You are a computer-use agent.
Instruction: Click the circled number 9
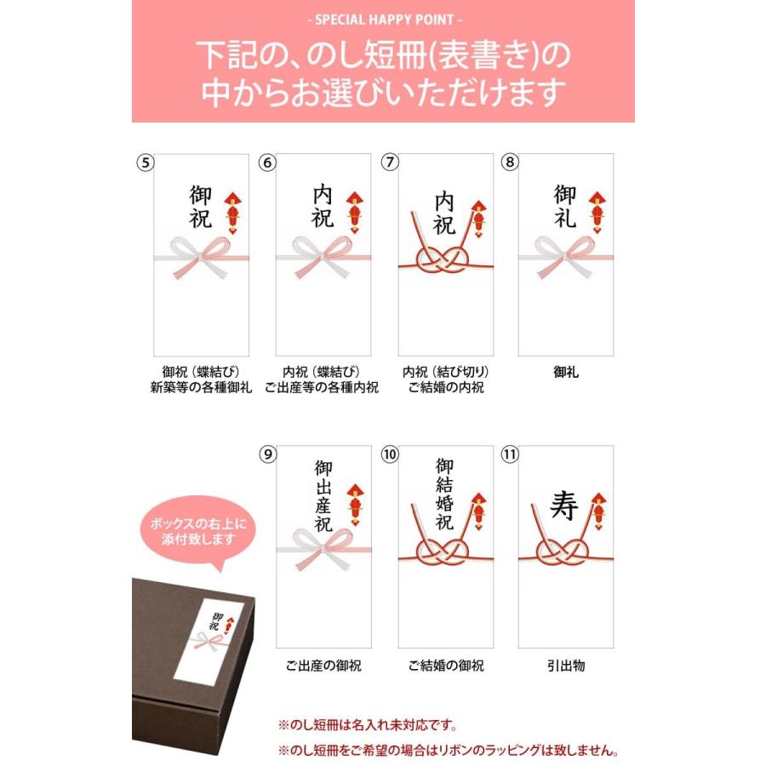pos(268,454)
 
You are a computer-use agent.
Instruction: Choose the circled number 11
pos(510,454)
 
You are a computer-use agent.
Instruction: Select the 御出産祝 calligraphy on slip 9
pos(323,496)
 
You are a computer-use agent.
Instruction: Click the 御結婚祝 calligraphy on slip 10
pos(445,494)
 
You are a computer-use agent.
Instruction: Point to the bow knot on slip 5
pos(201,254)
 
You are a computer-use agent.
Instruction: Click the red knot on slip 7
pos(444,261)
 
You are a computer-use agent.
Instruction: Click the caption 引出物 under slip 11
pos(566,666)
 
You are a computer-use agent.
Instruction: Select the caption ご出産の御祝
pos(323,666)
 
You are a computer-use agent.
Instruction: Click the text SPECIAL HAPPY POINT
pos(383,19)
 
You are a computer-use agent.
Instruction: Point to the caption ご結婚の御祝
pos(446,666)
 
